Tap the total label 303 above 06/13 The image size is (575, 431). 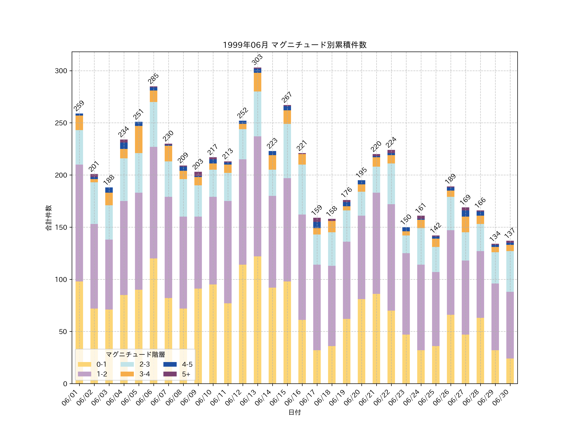coord(257,60)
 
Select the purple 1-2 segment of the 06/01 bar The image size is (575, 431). coord(79,223)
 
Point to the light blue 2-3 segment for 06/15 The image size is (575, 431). coord(287,151)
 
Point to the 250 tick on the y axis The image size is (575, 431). coord(61,123)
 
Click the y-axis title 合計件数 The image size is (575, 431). coord(49,218)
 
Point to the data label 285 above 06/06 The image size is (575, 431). coord(153,79)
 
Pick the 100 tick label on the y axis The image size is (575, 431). coord(61,280)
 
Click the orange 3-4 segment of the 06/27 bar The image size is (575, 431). coord(465,224)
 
